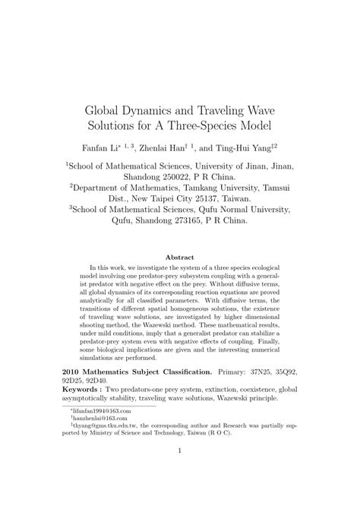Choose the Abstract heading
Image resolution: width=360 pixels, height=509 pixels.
pos(180,258)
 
